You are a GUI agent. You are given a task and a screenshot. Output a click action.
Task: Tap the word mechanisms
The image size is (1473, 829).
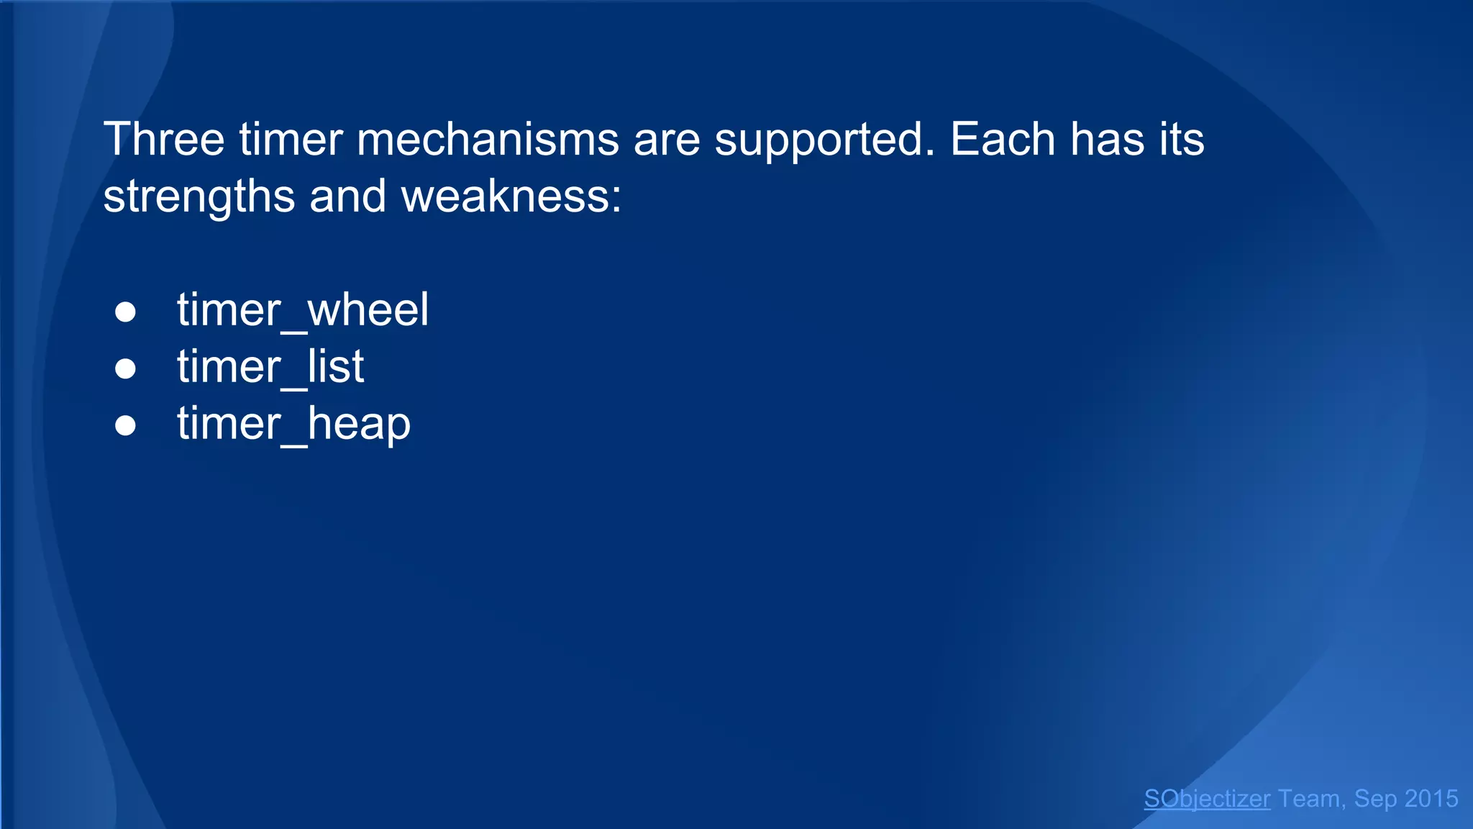488,139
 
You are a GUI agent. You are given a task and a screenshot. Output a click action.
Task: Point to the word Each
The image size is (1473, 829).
1003,139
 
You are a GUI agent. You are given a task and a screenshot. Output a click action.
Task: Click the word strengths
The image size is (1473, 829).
199,196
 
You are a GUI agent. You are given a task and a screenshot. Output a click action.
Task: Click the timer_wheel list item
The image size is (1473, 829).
303,310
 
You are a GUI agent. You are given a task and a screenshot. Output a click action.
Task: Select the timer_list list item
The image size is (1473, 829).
270,367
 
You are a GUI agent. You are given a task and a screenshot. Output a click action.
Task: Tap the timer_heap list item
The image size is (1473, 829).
293,424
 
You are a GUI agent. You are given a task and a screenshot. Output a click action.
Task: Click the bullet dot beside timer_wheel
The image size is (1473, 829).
125,312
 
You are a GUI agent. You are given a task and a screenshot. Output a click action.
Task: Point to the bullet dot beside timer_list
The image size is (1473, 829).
125,368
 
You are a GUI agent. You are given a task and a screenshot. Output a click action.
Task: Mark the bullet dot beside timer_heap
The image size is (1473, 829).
125,425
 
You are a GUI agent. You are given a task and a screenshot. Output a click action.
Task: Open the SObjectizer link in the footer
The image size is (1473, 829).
1207,799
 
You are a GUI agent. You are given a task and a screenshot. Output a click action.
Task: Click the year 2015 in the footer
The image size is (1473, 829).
1431,799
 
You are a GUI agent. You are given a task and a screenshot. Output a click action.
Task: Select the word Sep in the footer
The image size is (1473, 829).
1375,799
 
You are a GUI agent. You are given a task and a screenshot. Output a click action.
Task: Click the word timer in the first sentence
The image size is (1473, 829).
291,139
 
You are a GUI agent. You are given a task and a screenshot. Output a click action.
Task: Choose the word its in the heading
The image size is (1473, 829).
1181,139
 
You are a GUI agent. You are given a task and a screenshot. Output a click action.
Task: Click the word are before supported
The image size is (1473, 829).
667,139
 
